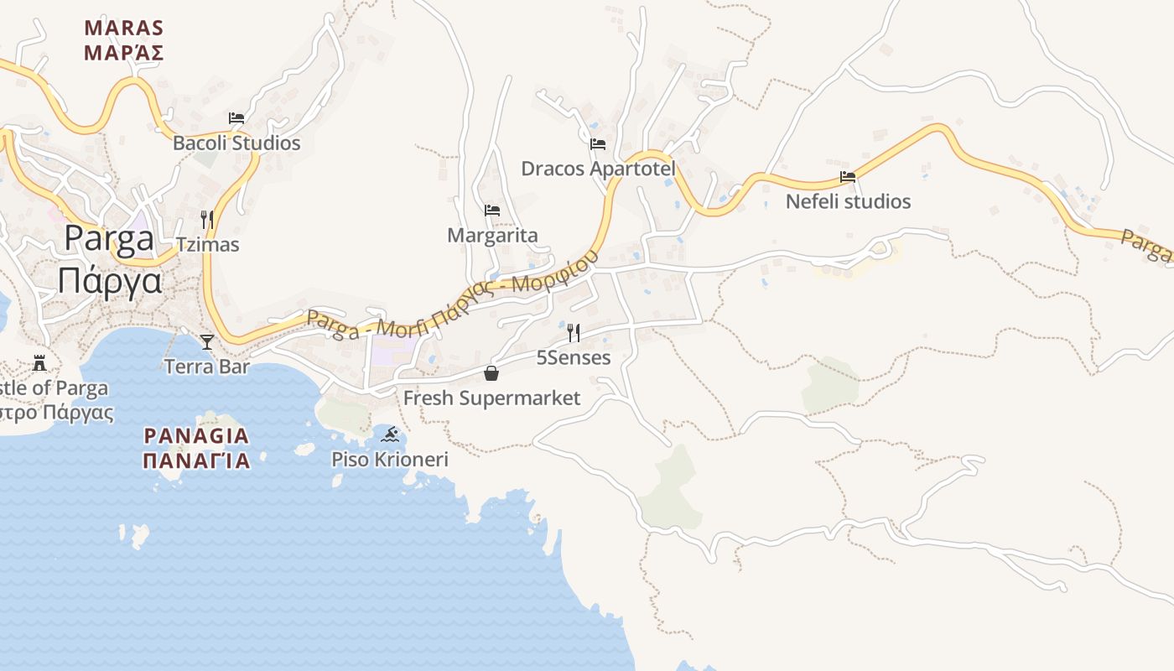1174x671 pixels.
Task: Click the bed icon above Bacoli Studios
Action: click(236, 118)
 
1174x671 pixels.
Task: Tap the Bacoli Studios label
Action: click(236, 143)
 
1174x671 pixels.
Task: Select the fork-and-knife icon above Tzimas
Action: click(207, 220)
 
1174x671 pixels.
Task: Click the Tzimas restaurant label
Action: click(207, 245)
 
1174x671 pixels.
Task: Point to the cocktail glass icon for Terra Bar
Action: click(207, 341)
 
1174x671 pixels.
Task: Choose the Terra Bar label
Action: click(207, 367)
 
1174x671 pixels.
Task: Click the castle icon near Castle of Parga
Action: click(39, 363)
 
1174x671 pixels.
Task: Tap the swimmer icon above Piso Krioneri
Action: click(390, 434)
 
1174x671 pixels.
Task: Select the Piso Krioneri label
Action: click(390, 460)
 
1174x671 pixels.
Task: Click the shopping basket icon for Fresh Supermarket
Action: click(491, 372)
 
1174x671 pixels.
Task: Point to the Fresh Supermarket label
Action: click(491, 398)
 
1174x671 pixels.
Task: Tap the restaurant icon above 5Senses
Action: click(574, 333)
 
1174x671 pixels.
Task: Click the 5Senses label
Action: click(574, 358)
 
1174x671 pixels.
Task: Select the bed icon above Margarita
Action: click(492, 210)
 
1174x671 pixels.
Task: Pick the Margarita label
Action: click(492, 235)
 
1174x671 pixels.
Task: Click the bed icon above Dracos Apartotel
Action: click(598, 143)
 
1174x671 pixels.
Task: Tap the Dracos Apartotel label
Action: click(598, 169)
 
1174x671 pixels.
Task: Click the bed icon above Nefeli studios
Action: click(848, 177)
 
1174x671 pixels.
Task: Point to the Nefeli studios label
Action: click(848, 201)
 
